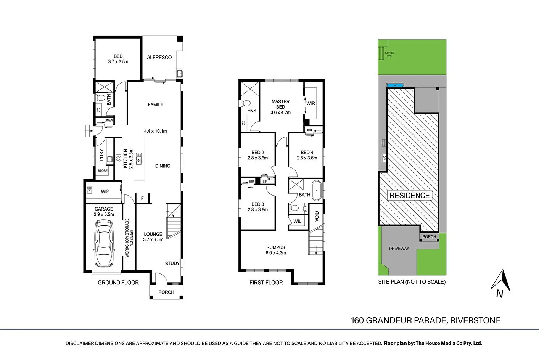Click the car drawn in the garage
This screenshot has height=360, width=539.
(104, 245)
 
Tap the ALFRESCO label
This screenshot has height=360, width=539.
(159, 58)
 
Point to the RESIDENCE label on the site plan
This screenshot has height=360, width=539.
(410, 196)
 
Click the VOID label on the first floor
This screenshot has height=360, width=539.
(317, 216)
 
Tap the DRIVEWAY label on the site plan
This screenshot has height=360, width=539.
(399, 249)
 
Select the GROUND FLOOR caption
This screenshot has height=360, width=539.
(118, 283)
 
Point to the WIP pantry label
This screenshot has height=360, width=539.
(105, 191)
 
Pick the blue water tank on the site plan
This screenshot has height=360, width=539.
(396, 85)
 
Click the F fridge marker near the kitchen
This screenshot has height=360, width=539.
(142, 199)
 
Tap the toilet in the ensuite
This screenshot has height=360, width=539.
(246, 103)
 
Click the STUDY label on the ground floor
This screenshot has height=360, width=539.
(172, 264)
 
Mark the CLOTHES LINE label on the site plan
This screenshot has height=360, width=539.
(389, 55)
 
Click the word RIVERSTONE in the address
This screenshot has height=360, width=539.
(475, 321)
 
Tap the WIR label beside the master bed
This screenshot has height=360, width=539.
(311, 103)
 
